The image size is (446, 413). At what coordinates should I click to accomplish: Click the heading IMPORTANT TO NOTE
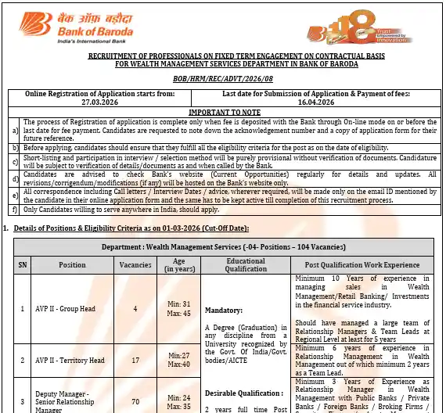[x=223, y=111]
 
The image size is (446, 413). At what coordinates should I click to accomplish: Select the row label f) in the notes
[x=16, y=210]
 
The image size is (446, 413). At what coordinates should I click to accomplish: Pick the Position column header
[x=72, y=265]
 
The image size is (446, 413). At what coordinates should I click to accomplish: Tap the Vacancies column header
[x=135, y=265]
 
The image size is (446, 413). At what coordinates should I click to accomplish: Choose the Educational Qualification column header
[x=246, y=265]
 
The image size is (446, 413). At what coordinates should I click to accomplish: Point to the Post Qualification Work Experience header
[x=362, y=265]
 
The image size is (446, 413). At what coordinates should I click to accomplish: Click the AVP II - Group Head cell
[x=72, y=308]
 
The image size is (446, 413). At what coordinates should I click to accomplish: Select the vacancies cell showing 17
[x=135, y=360]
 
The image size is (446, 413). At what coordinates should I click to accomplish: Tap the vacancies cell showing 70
[x=135, y=402]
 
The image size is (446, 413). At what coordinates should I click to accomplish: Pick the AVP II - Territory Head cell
[x=72, y=360]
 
